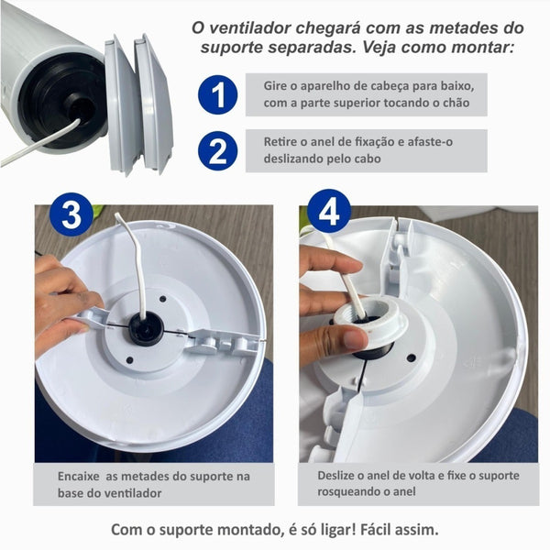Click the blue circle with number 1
pyautogui.click(x=217, y=95)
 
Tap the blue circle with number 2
pyautogui.click(x=217, y=150)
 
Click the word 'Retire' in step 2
pyautogui.click(x=280, y=142)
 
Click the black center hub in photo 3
pyautogui.click(x=145, y=328)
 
